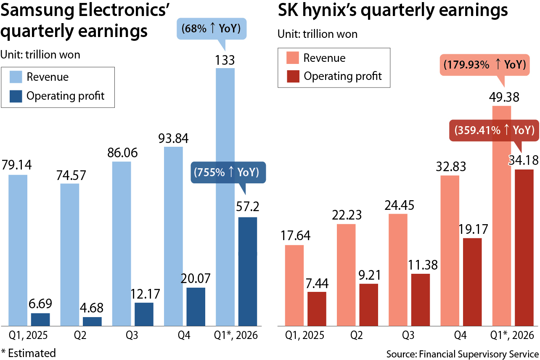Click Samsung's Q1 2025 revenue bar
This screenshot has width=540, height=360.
[18, 250]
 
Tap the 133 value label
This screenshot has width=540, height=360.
[225, 61]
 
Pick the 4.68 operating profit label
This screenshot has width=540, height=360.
[92, 308]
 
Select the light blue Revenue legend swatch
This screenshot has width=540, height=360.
[16, 77]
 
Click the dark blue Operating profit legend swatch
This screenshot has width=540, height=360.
[16, 96]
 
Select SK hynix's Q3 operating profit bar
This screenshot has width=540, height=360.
[421, 300]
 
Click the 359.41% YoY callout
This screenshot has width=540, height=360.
[493, 130]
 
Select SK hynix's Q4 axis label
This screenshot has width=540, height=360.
[461, 336]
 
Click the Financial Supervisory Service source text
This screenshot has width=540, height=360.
[462, 352]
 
